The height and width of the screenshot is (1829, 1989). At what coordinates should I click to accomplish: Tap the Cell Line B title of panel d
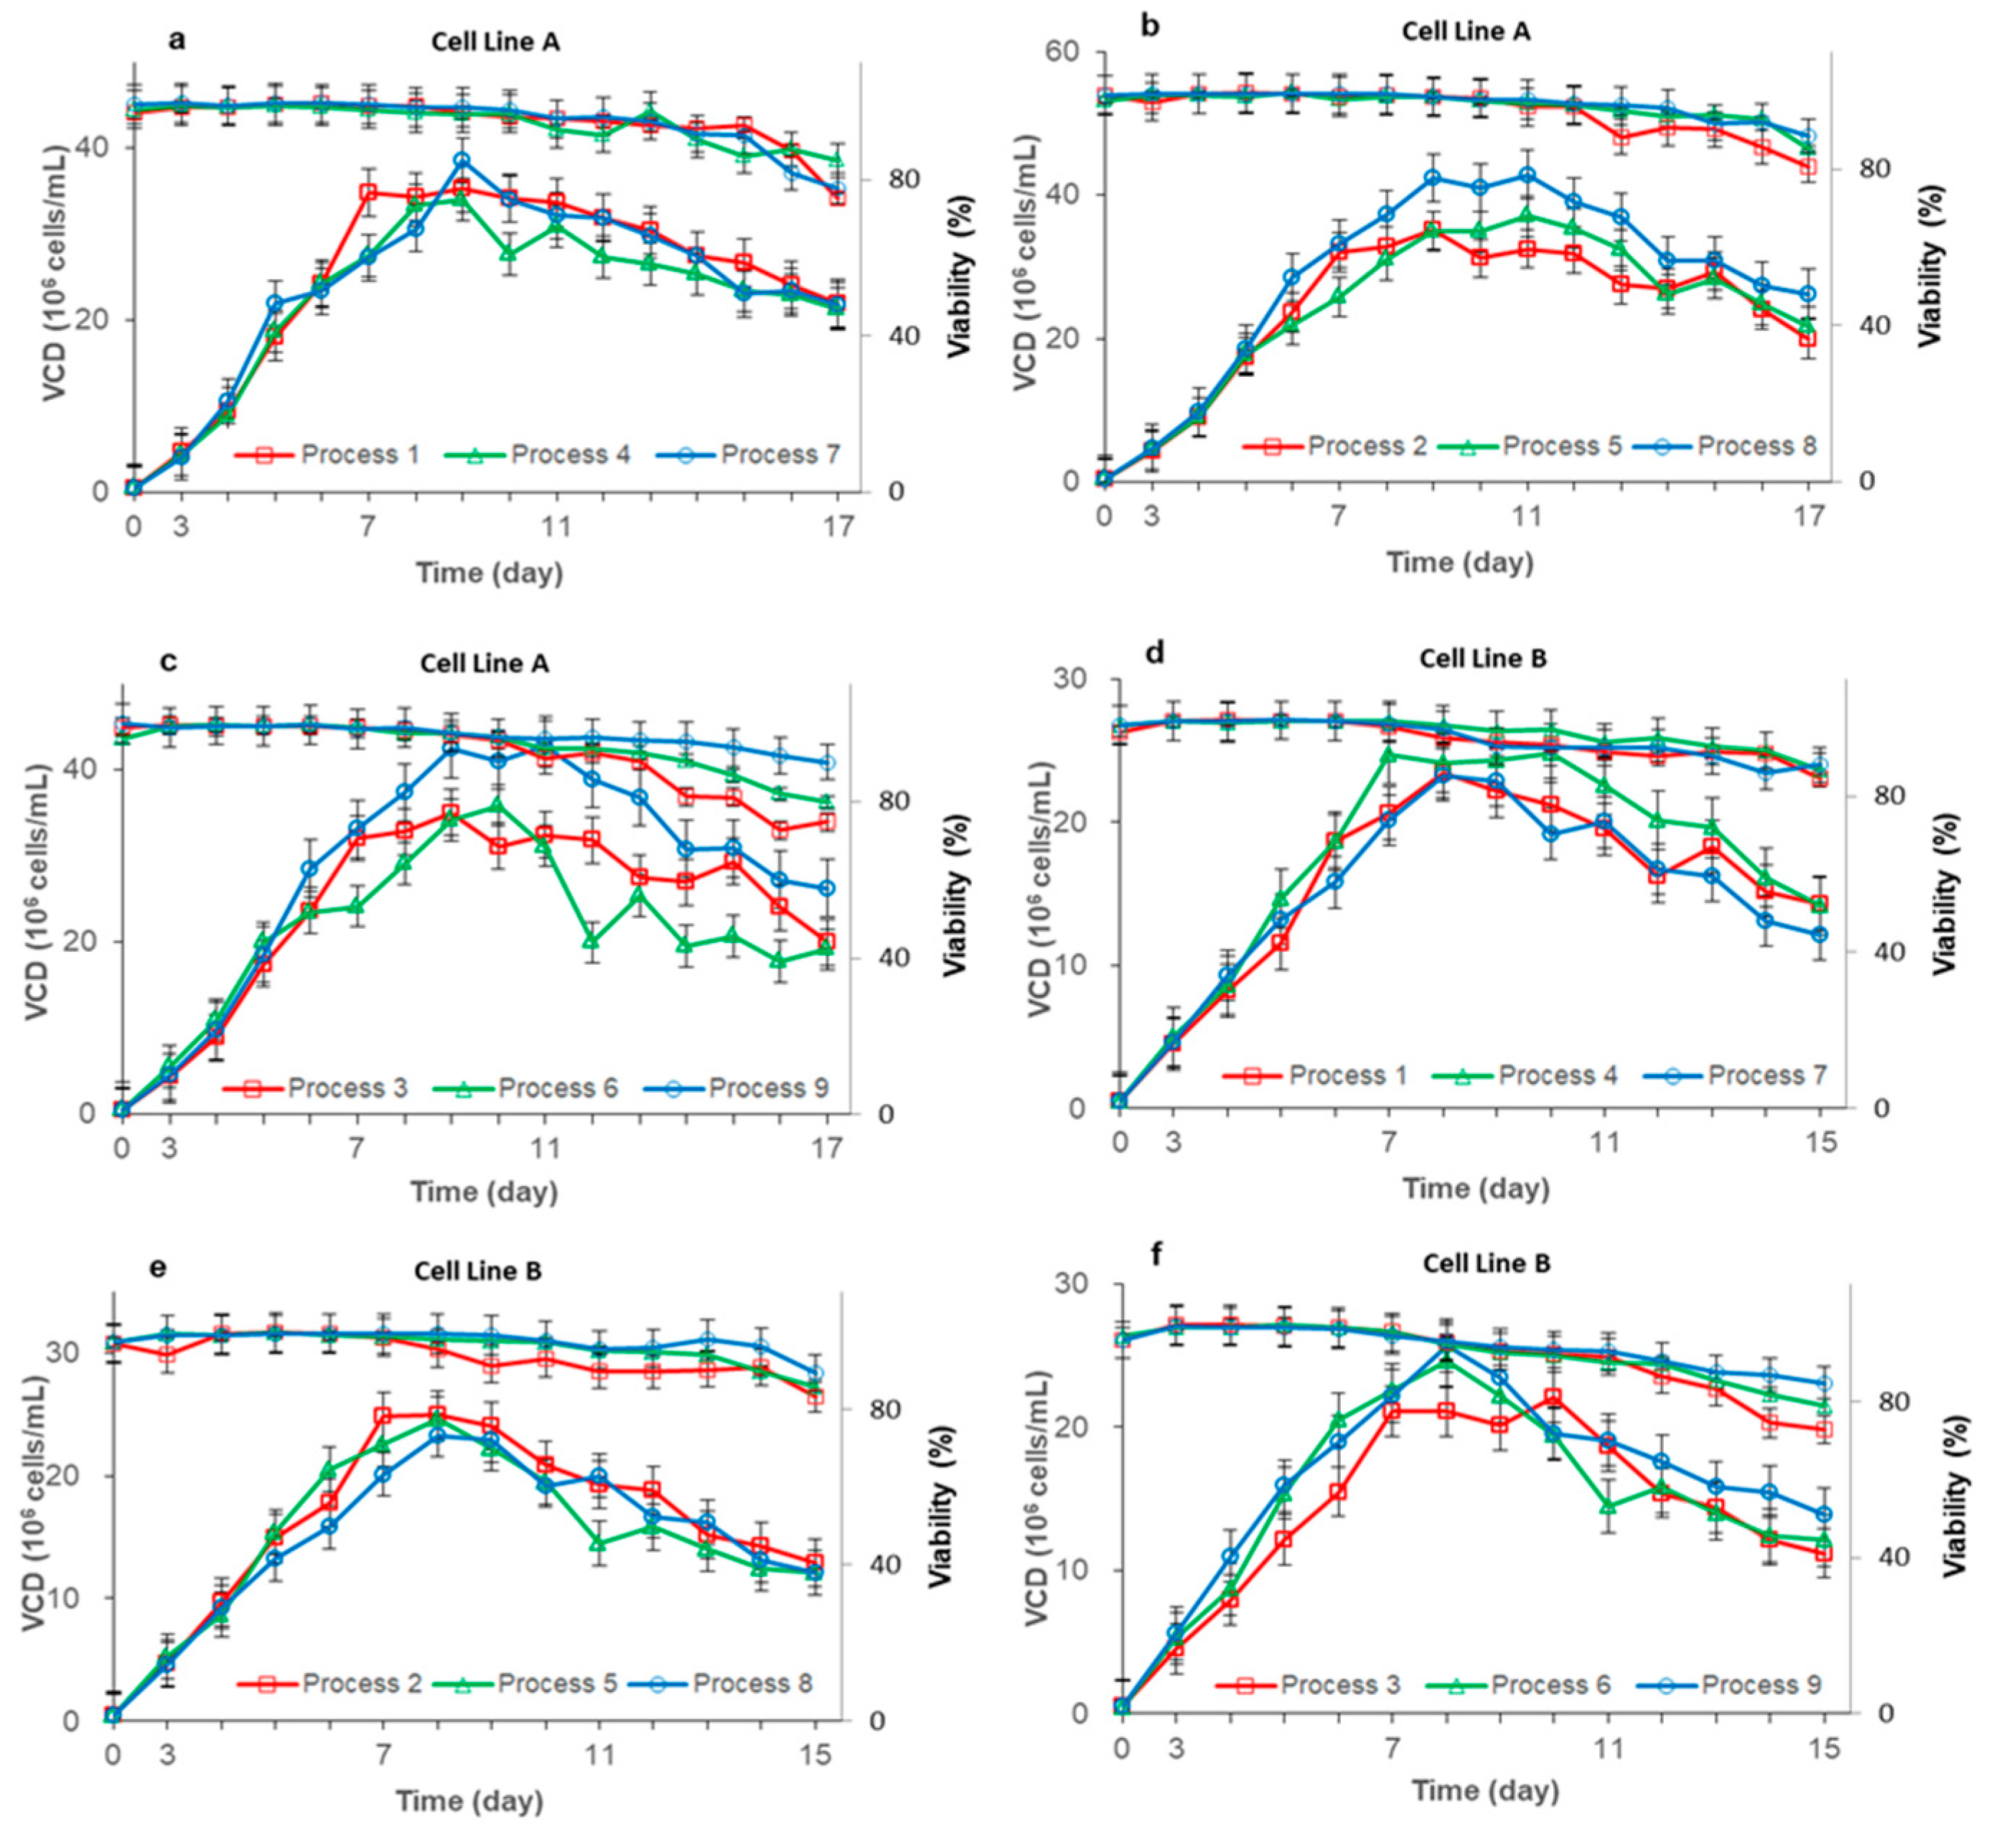pyautogui.click(x=1482, y=658)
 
